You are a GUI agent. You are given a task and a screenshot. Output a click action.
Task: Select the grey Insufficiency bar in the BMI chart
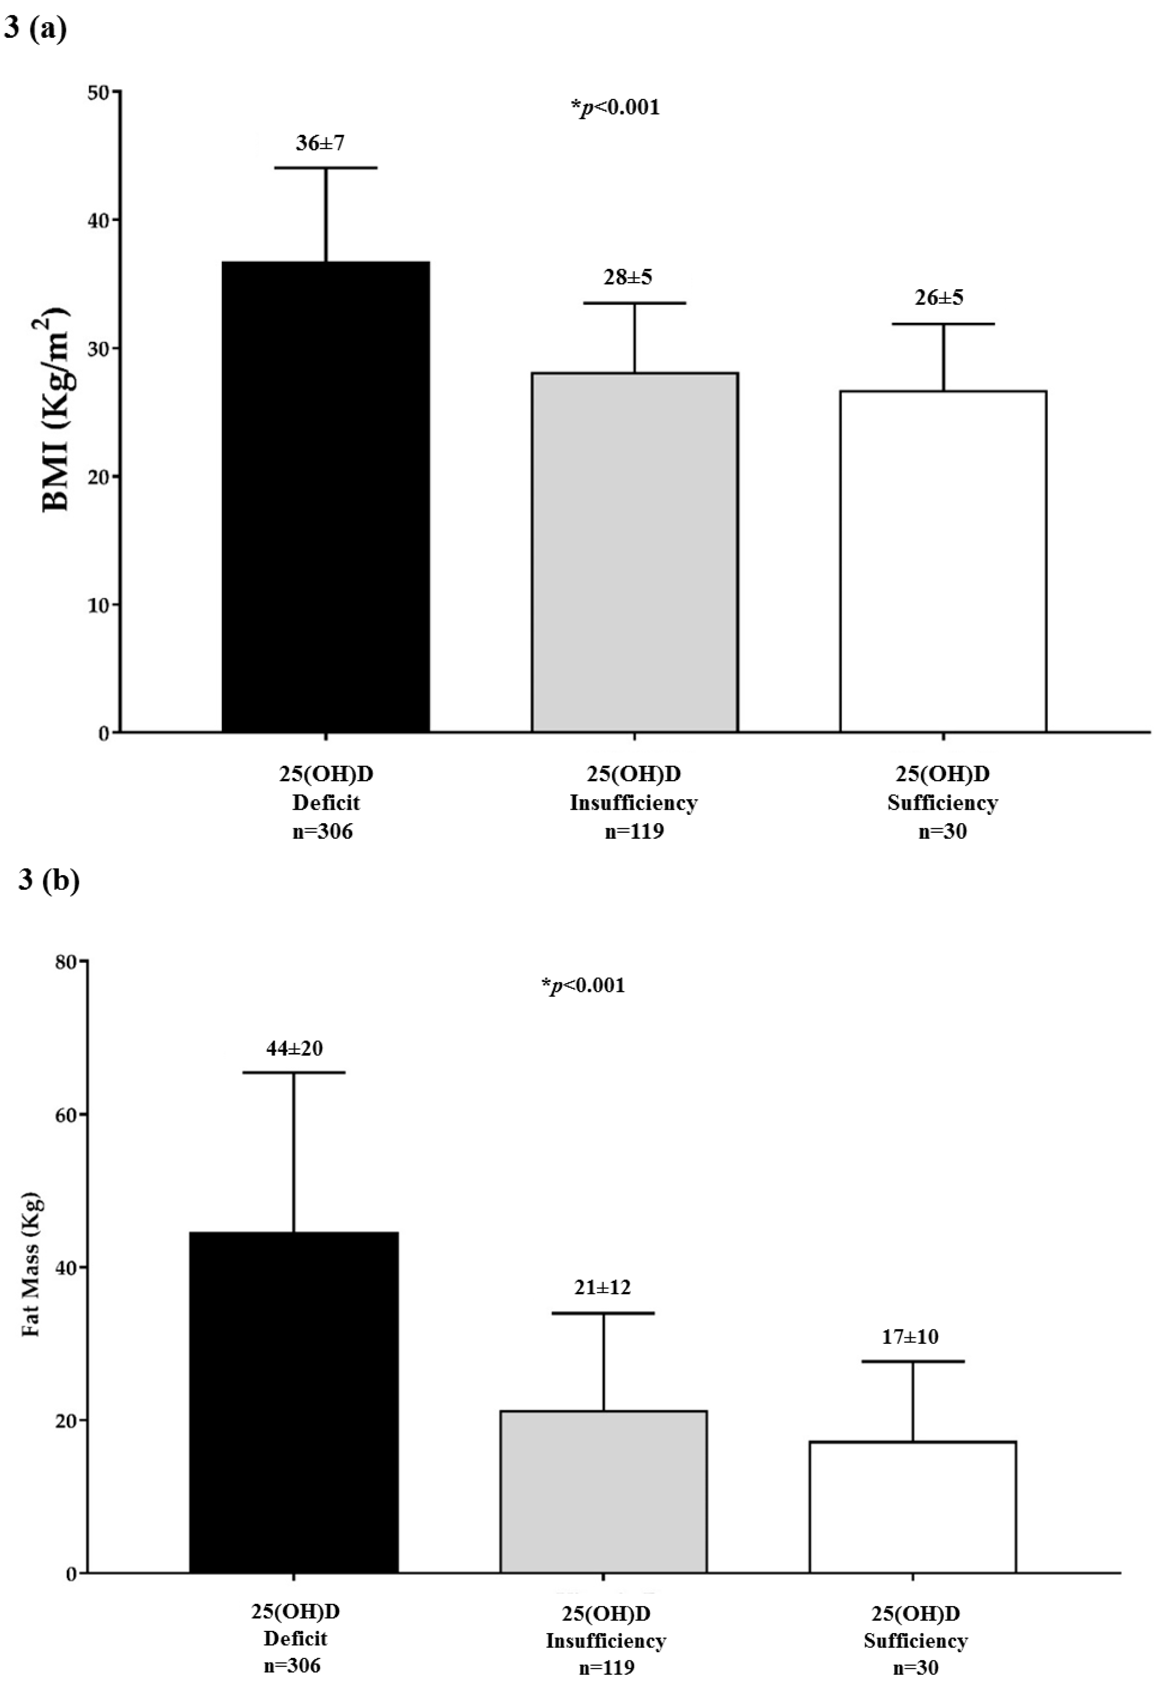point(635,552)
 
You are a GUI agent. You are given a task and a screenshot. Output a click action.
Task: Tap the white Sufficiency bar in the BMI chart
point(943,561)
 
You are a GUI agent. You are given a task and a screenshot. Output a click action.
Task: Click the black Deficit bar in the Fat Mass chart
point(293,1402)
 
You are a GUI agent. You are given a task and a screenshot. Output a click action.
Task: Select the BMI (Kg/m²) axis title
point(56,410)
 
